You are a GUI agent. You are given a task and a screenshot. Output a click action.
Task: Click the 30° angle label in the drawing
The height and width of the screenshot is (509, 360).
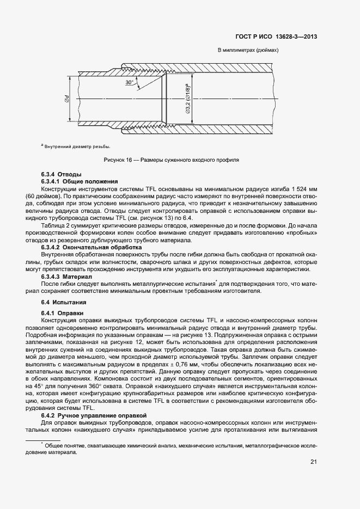(x=129, y=82)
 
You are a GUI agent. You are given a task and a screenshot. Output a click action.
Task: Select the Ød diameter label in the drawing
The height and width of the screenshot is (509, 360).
(x=65, y=99)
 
